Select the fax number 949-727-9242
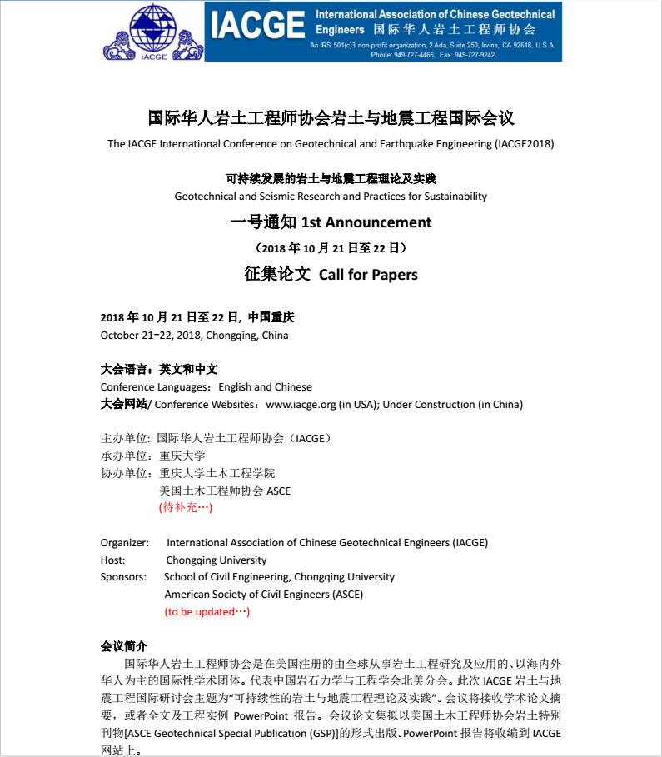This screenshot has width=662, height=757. click(475, 55)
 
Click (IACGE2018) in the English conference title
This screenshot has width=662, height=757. click(524, 143)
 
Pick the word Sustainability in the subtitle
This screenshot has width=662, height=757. click(449, 197)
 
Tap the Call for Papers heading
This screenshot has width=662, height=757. click(368, 275)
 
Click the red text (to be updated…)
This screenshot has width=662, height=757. click(207, 611)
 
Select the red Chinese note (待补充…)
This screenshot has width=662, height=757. click(186, 506)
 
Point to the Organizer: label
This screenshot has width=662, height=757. click(124, 542)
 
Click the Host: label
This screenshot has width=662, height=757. click(113, 560)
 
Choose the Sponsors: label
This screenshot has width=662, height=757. click(123, 576)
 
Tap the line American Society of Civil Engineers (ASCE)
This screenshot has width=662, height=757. click(263, 595)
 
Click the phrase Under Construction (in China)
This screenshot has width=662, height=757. click(453, 405)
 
